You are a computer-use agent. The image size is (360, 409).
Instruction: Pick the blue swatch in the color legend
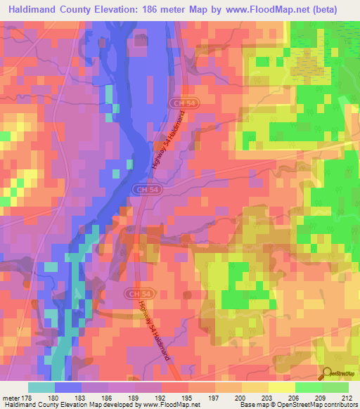(67, 387)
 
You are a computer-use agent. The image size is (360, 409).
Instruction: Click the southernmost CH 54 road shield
(139, 292)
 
